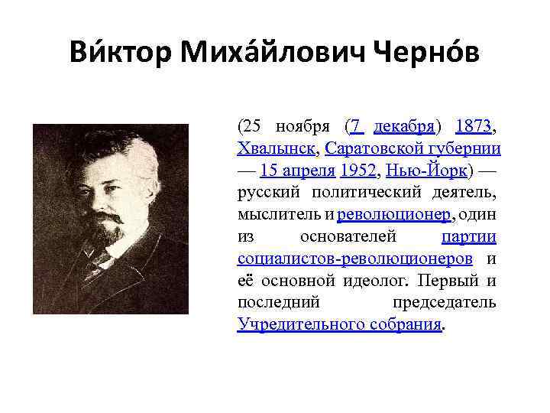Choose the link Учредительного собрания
(339, 324)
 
